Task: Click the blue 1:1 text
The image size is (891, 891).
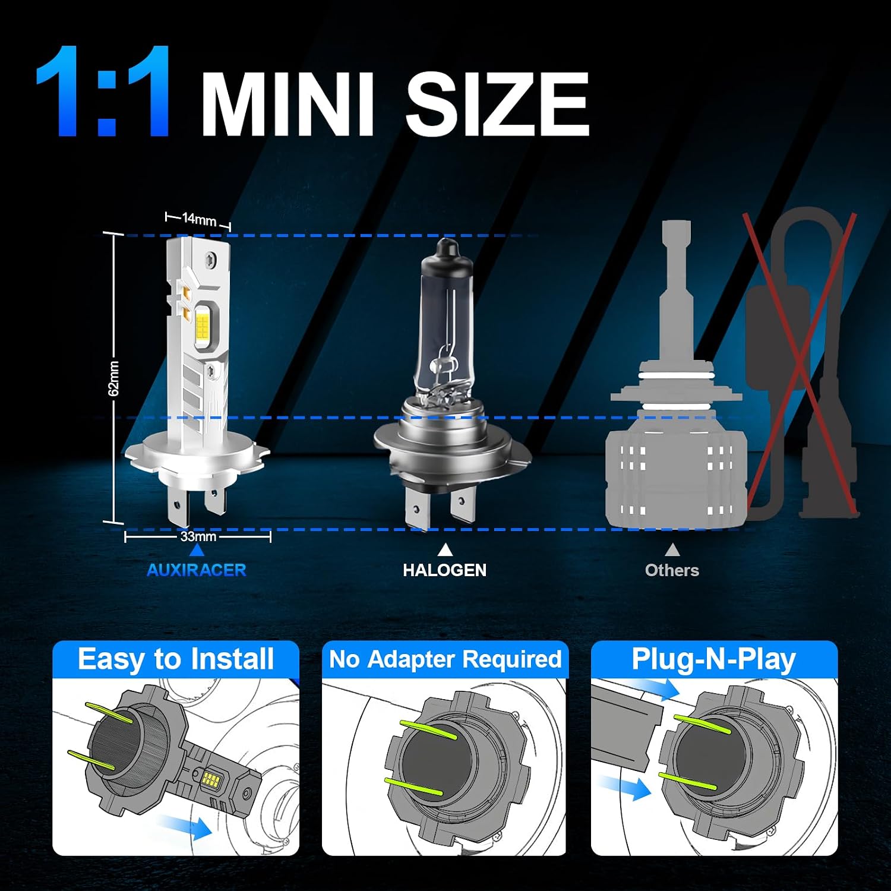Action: (104, 91)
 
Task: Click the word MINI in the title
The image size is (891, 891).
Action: (287, 105)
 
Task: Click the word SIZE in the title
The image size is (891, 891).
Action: (498, 105)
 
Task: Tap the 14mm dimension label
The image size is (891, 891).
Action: (199, 220)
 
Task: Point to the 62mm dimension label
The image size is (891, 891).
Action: (113, 378)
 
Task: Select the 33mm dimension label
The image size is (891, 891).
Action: (198, 536)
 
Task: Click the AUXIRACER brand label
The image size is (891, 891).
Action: (197, 570)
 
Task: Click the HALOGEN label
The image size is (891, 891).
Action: (445, 570)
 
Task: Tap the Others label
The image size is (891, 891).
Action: (672, 570)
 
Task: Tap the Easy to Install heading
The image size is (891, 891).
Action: (176, 659)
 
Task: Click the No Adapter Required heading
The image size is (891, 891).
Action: (445, 659)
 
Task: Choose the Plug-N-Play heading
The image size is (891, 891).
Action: (713, 659)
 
